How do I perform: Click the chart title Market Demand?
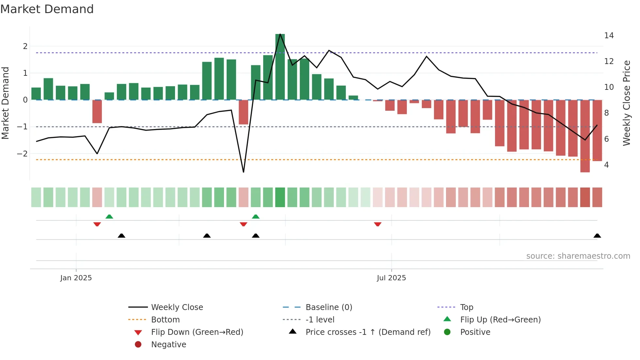click(47, 9)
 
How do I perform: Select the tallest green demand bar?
click(280, 67)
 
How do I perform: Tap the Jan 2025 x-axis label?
click(76, 278)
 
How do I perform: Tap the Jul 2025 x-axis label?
click(391, 278)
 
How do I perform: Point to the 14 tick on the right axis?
click(609, 35)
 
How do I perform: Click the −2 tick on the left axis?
click(23, 154)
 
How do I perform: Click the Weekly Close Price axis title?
click(626, 103)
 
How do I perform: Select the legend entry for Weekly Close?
click(177, 307)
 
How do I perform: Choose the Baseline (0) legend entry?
click(328, 307)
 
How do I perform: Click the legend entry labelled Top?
click(466, 307)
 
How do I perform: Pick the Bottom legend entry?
click(165, 319)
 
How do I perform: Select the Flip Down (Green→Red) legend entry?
click(197, 332)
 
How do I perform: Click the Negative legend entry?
click(168, 344)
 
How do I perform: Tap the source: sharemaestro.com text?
click(578, 256)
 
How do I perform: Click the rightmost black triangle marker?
click(597, 236)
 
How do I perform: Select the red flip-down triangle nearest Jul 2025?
click(377, 224)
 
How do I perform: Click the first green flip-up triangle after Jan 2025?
click(109, 217)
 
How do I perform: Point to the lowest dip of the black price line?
click(243, 172)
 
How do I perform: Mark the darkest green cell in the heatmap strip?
click(280, 197)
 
